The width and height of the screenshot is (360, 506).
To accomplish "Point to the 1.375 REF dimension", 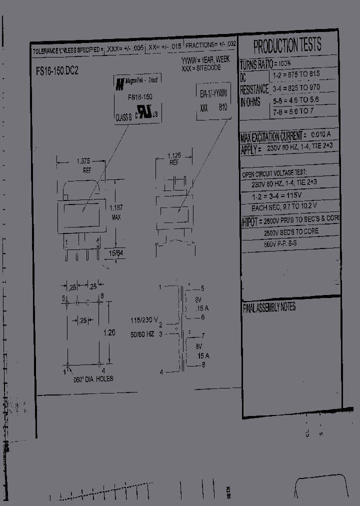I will [x=83, y=165].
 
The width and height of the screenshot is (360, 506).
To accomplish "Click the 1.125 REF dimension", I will [x=173, y=158].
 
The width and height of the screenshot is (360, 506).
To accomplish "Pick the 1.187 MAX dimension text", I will [x=116, y=212].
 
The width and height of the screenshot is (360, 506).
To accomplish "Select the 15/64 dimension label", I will [x=116, y=254].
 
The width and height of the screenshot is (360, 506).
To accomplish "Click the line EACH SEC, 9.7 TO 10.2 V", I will [x=284, y=206].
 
